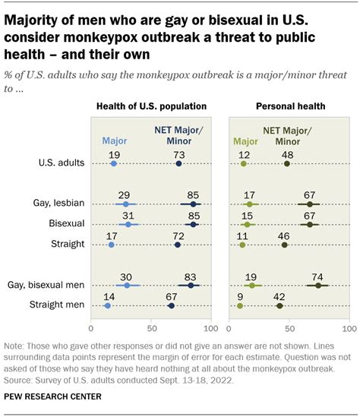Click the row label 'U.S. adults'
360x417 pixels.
(x=60, y=163)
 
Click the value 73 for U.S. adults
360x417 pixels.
(x=178, y=153)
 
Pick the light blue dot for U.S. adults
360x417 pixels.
(x=114, y=163)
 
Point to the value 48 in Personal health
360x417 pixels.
(x=287, y=153)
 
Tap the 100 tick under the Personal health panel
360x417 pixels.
(x=349, y=329)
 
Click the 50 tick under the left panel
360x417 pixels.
(x=152, y=329)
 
